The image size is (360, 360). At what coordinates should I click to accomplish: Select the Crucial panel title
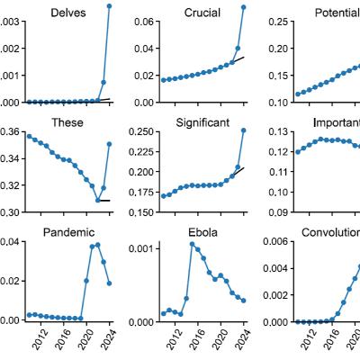(x=202, y=13)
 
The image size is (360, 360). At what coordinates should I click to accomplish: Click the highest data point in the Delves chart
(x=110, y=6)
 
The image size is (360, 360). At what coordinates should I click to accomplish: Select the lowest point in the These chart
(x=97, y=200)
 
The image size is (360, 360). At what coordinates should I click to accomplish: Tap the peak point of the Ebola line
(x=193, y=244)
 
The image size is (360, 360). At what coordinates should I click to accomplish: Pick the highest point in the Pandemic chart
(x=97, y=244)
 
